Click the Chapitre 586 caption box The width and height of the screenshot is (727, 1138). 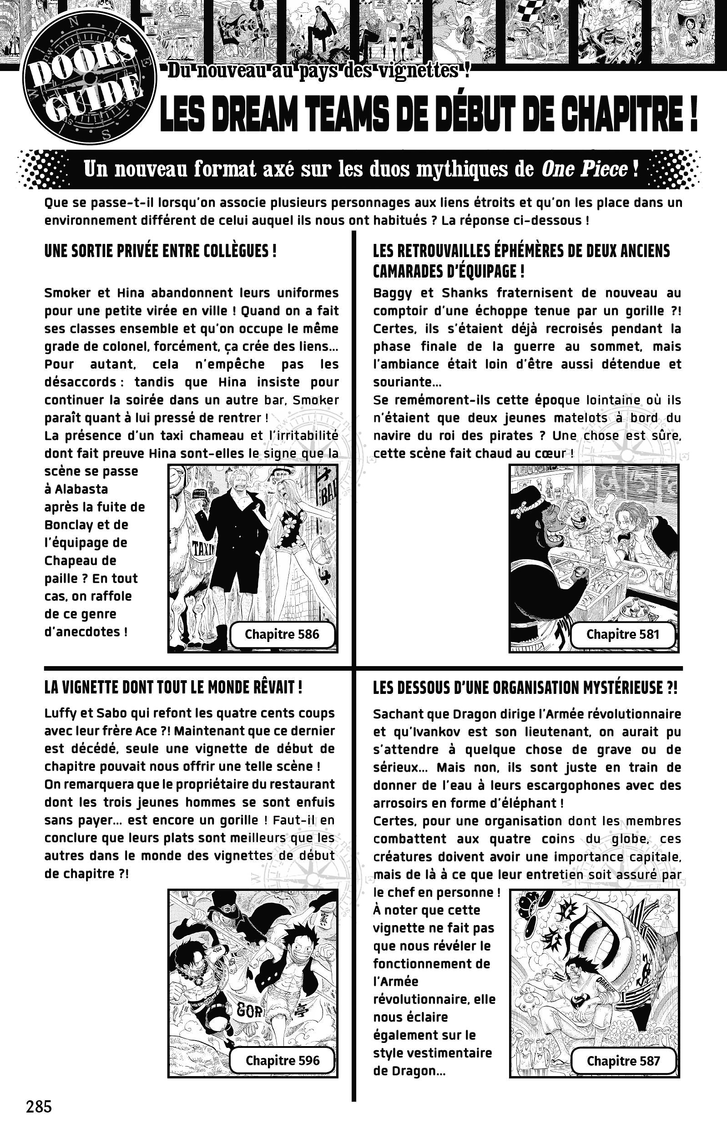[x=282, y=634]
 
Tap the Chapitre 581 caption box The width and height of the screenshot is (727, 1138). [x=623, y=634]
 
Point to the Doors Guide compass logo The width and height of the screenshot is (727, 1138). [x=88, y=79]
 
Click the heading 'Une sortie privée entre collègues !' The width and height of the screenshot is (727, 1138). [x=161, y=251]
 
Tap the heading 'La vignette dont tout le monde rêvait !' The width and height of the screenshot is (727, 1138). [x=173, y=688]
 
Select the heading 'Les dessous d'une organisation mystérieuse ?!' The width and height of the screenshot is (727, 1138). [x=525, y=688]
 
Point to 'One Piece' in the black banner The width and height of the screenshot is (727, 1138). [x=584, y=169]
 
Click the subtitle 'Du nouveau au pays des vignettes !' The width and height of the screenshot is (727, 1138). [x=319, y=72]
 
